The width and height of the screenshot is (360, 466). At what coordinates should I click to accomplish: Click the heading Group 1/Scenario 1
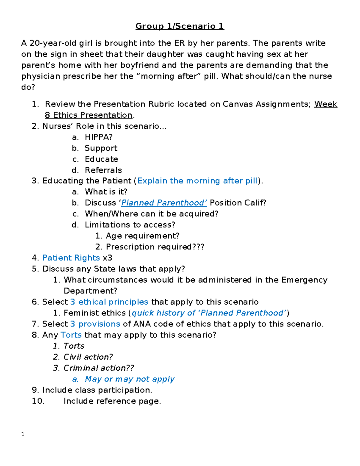click(180, 26)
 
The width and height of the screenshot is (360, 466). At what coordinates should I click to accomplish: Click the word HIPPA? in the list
click(99, 137)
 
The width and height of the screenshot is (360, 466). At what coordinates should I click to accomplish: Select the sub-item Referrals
click(103, 170)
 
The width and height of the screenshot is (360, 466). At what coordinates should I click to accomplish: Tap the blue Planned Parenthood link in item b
click(164, 203)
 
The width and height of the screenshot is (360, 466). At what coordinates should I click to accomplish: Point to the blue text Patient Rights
click(71, 258)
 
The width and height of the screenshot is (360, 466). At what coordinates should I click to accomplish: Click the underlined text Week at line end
click(325, 104)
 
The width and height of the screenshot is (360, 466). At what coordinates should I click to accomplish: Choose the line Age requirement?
click(142, 236)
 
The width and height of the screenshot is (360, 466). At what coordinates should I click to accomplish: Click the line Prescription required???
click(155, 247)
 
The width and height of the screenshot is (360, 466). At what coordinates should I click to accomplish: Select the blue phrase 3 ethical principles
click(109, 302)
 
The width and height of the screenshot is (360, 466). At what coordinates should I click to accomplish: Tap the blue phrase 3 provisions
click(95, 324)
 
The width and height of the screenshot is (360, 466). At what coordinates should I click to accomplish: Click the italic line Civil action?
click(88, 357)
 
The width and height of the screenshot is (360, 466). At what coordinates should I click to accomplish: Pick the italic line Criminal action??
click(98, 368)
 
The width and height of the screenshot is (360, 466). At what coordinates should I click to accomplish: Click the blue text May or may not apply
click(130, 379)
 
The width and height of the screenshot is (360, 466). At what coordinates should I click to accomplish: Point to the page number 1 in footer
click(23, 434)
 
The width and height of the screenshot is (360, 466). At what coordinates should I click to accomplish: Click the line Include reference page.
click(112, 401)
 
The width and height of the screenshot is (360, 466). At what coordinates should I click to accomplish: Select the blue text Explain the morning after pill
click(197, 181)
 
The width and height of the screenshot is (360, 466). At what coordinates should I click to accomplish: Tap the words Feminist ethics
click(94, 313)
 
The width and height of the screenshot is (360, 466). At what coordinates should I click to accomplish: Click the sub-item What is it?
click(106, 192)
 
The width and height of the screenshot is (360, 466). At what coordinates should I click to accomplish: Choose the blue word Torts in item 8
click(71, 335)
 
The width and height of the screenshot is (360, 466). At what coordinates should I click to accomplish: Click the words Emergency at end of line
click(304, 280)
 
